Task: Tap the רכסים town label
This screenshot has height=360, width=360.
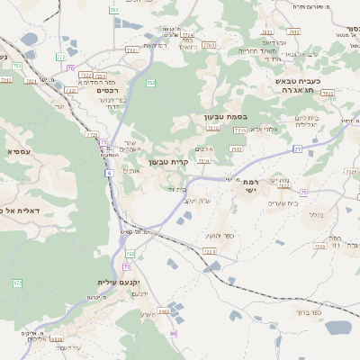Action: (x=101, y=90)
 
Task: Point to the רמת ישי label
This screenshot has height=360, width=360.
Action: (x=249, y=185)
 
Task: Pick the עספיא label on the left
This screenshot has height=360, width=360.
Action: (x=19, y=151)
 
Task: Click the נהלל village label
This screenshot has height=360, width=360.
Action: (x=315, y=214)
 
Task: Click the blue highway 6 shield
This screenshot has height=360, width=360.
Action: (x=107, y=170)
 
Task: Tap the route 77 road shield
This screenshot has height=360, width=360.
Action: (x=296, y=149)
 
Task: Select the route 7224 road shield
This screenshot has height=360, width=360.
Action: (x=209, y=252)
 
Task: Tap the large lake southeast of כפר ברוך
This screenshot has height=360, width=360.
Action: (x=338, y=328)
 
